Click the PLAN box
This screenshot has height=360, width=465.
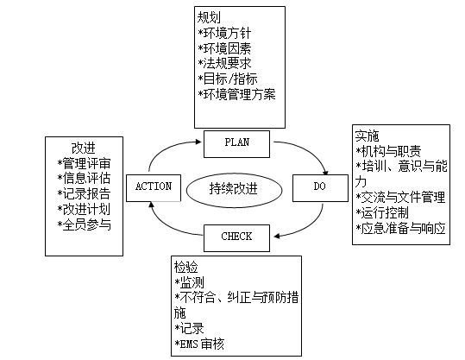click(x=236, y=142)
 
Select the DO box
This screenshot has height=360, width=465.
click(x=318, y=186)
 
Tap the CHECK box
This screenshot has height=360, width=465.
click(x=236, y=235)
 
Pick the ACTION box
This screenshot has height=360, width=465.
click(x=154, y=186)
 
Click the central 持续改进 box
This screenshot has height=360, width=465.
click(x=234, y=186)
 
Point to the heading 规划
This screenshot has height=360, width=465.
click(x=208, y=16)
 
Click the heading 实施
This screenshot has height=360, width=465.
click(x=366, y=136)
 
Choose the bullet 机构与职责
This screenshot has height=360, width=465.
click(x=387, y=151)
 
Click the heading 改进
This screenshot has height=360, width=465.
click(x=83, y=148)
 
